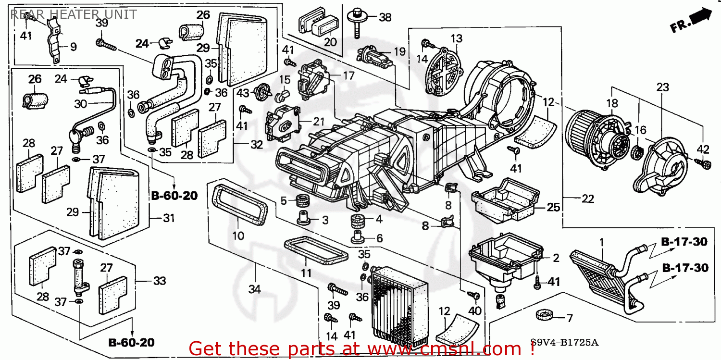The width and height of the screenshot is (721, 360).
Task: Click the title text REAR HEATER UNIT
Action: click(x=73, y=14)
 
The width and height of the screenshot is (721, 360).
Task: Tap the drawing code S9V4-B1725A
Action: click(x=564, y=343)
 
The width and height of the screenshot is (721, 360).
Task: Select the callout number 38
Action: click(x=385, y=17)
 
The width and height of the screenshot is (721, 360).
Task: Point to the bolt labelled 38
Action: click(x=358, y=22)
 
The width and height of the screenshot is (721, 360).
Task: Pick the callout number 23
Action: click(x=662, y=87)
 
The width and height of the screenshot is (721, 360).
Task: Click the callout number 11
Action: click(x=306, y=273)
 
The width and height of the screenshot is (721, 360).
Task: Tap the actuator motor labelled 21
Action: click(x=280, y=122)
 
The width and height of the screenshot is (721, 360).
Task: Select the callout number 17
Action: click(x=348, y=75)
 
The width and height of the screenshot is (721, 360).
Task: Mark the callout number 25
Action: click(x=553, y=207)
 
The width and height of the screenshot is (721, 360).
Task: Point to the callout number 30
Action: click(x=81, y=103)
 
